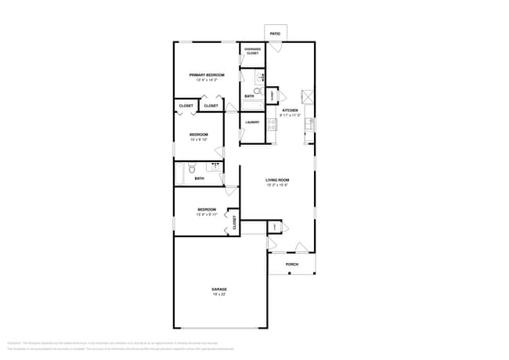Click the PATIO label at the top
275,34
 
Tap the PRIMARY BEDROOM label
207,75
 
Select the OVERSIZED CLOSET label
252,51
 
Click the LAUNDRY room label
252,122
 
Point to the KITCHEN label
291,110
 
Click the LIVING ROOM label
278,181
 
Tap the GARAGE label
219,289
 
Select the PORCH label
291,265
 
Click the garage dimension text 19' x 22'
219,294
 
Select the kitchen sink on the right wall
309,124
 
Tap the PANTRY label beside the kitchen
272,95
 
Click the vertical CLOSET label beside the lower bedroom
233,221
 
